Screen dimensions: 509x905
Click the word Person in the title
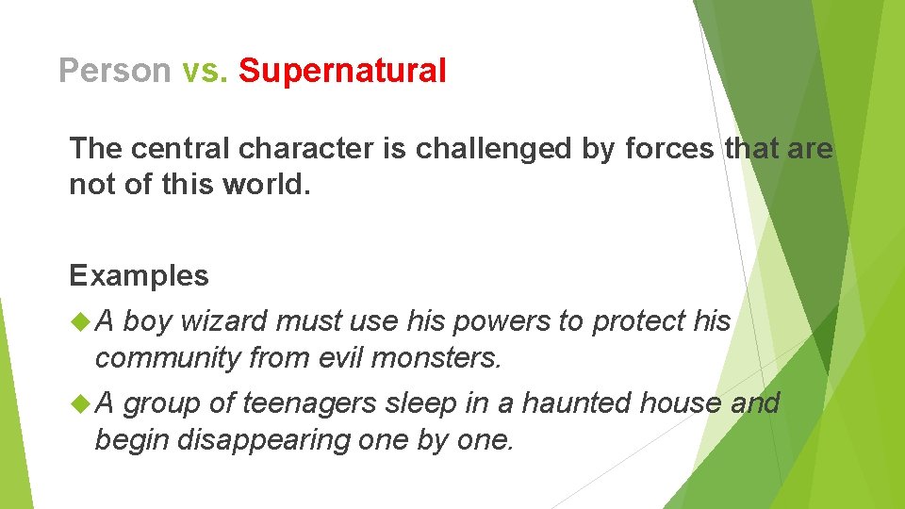coord(114,71)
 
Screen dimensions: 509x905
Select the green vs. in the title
coord(205,71)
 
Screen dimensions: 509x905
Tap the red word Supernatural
coord(342,71)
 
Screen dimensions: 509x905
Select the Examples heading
coord(139,275)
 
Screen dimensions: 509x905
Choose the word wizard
coord(223,321)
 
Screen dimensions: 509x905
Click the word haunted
coord(577,403)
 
